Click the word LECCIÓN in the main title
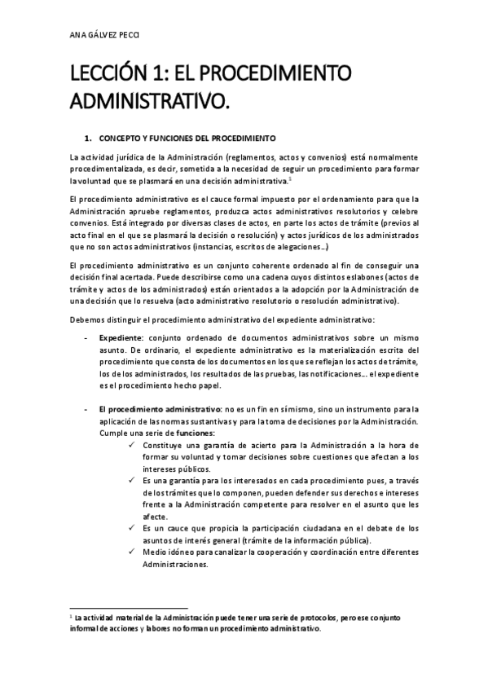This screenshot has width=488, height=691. (111, 74)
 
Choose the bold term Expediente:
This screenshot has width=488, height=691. (121, 337)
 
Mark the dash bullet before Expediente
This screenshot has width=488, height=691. (87, 337)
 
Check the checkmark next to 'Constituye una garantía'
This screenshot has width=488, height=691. (133, 445)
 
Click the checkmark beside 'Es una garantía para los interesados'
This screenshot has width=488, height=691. (133, 480)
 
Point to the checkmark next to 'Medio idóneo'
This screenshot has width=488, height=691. (133, 552)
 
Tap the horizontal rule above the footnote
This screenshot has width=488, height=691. (130, 607)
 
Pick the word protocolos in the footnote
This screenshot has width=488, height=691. (305, 618)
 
